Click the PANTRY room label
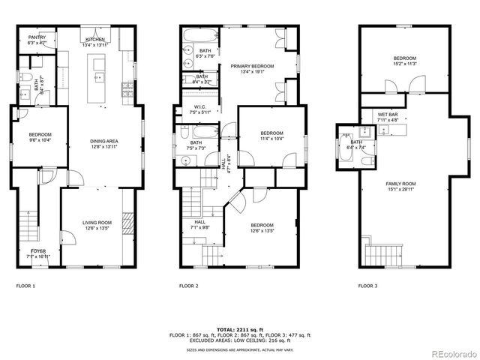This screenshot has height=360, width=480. click(37, 37)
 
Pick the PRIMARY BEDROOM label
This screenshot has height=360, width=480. click(252, 66)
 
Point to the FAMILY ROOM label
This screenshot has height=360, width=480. click(401, 184)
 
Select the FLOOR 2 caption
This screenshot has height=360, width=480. click(188, 286)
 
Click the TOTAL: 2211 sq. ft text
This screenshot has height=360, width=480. click(240, 329)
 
